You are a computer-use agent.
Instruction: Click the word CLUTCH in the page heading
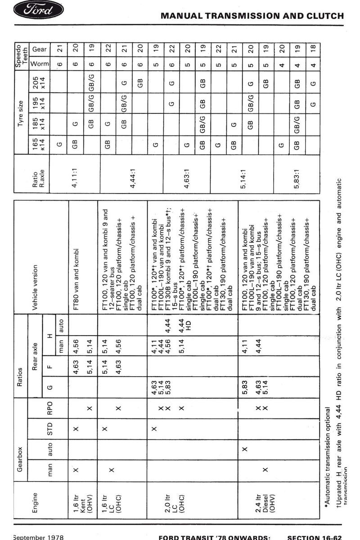[x=326, y=16]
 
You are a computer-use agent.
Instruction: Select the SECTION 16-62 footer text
[x=315, y=537]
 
